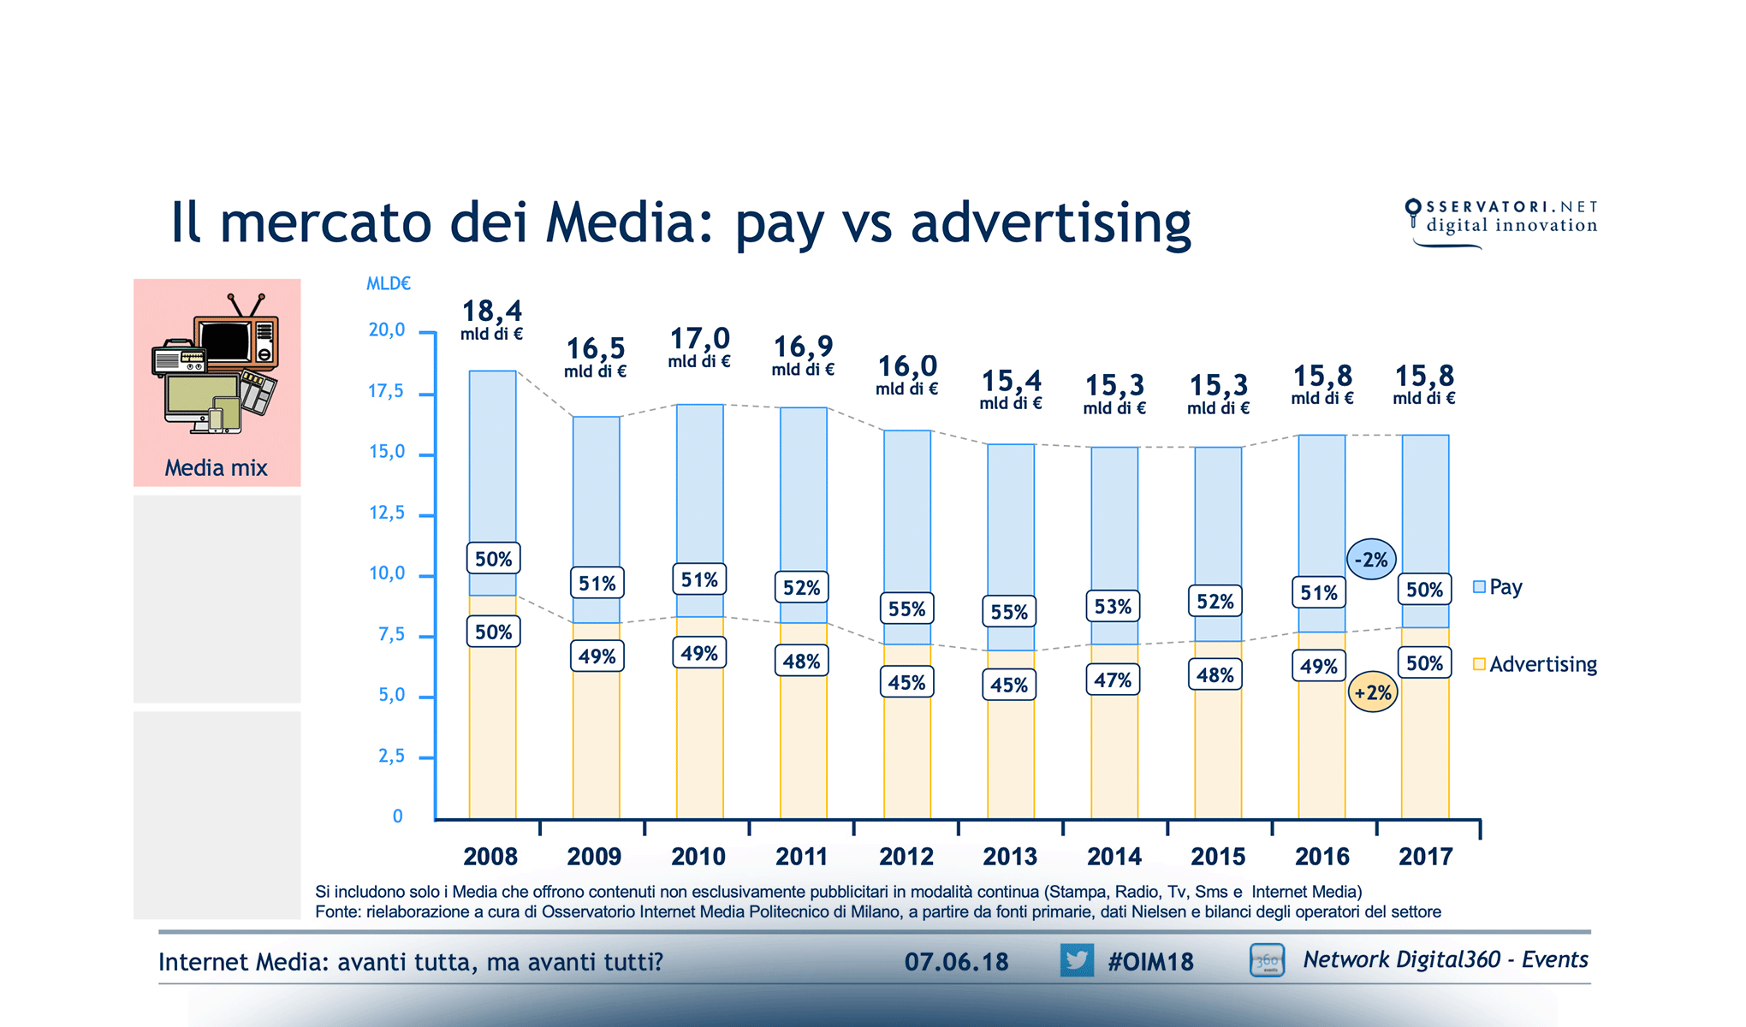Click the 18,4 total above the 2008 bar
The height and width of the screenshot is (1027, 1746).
492,312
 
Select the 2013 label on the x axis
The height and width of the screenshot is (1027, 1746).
1010,856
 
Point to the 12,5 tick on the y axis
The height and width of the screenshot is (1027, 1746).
387,513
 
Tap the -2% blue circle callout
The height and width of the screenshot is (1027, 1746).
1372,560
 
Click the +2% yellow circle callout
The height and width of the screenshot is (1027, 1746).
1373,692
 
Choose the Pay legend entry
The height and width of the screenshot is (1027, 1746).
1498,587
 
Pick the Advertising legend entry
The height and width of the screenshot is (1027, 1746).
1535,664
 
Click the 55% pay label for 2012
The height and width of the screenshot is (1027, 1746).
906,609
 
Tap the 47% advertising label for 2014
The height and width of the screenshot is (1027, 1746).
1113,680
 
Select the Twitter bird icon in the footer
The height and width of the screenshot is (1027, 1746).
1077,960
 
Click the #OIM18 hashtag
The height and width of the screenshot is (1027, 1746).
1150,962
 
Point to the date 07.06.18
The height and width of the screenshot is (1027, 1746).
956,962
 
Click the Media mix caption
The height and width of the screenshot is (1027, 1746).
216,468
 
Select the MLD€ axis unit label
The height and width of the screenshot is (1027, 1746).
388,284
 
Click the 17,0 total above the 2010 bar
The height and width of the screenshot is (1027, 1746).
699,339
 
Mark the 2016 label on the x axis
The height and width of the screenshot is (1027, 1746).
1321,856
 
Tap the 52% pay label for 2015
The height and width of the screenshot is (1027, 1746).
1215,602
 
